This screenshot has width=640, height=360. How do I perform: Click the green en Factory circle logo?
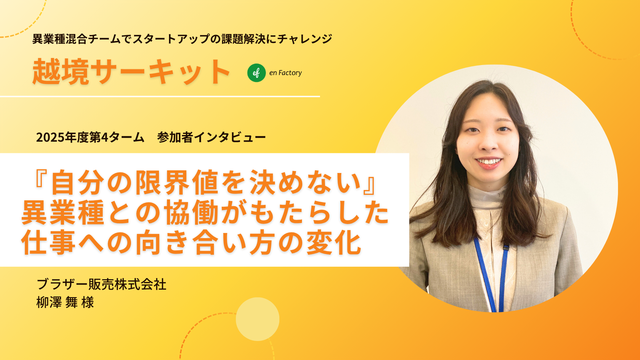256,73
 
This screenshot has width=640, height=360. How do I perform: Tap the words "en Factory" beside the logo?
285,73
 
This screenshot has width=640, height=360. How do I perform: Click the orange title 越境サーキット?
131,72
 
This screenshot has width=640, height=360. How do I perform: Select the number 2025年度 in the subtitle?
62,137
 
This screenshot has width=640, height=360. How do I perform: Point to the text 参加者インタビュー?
211,137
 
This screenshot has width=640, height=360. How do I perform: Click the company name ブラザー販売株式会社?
101,284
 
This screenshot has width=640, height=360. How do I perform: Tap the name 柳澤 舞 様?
65,302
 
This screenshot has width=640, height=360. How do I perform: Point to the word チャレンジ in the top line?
305,39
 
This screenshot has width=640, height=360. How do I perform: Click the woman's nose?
489,142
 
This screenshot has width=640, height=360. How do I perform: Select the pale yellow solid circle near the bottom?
257,319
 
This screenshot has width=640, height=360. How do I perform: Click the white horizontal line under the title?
160,97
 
